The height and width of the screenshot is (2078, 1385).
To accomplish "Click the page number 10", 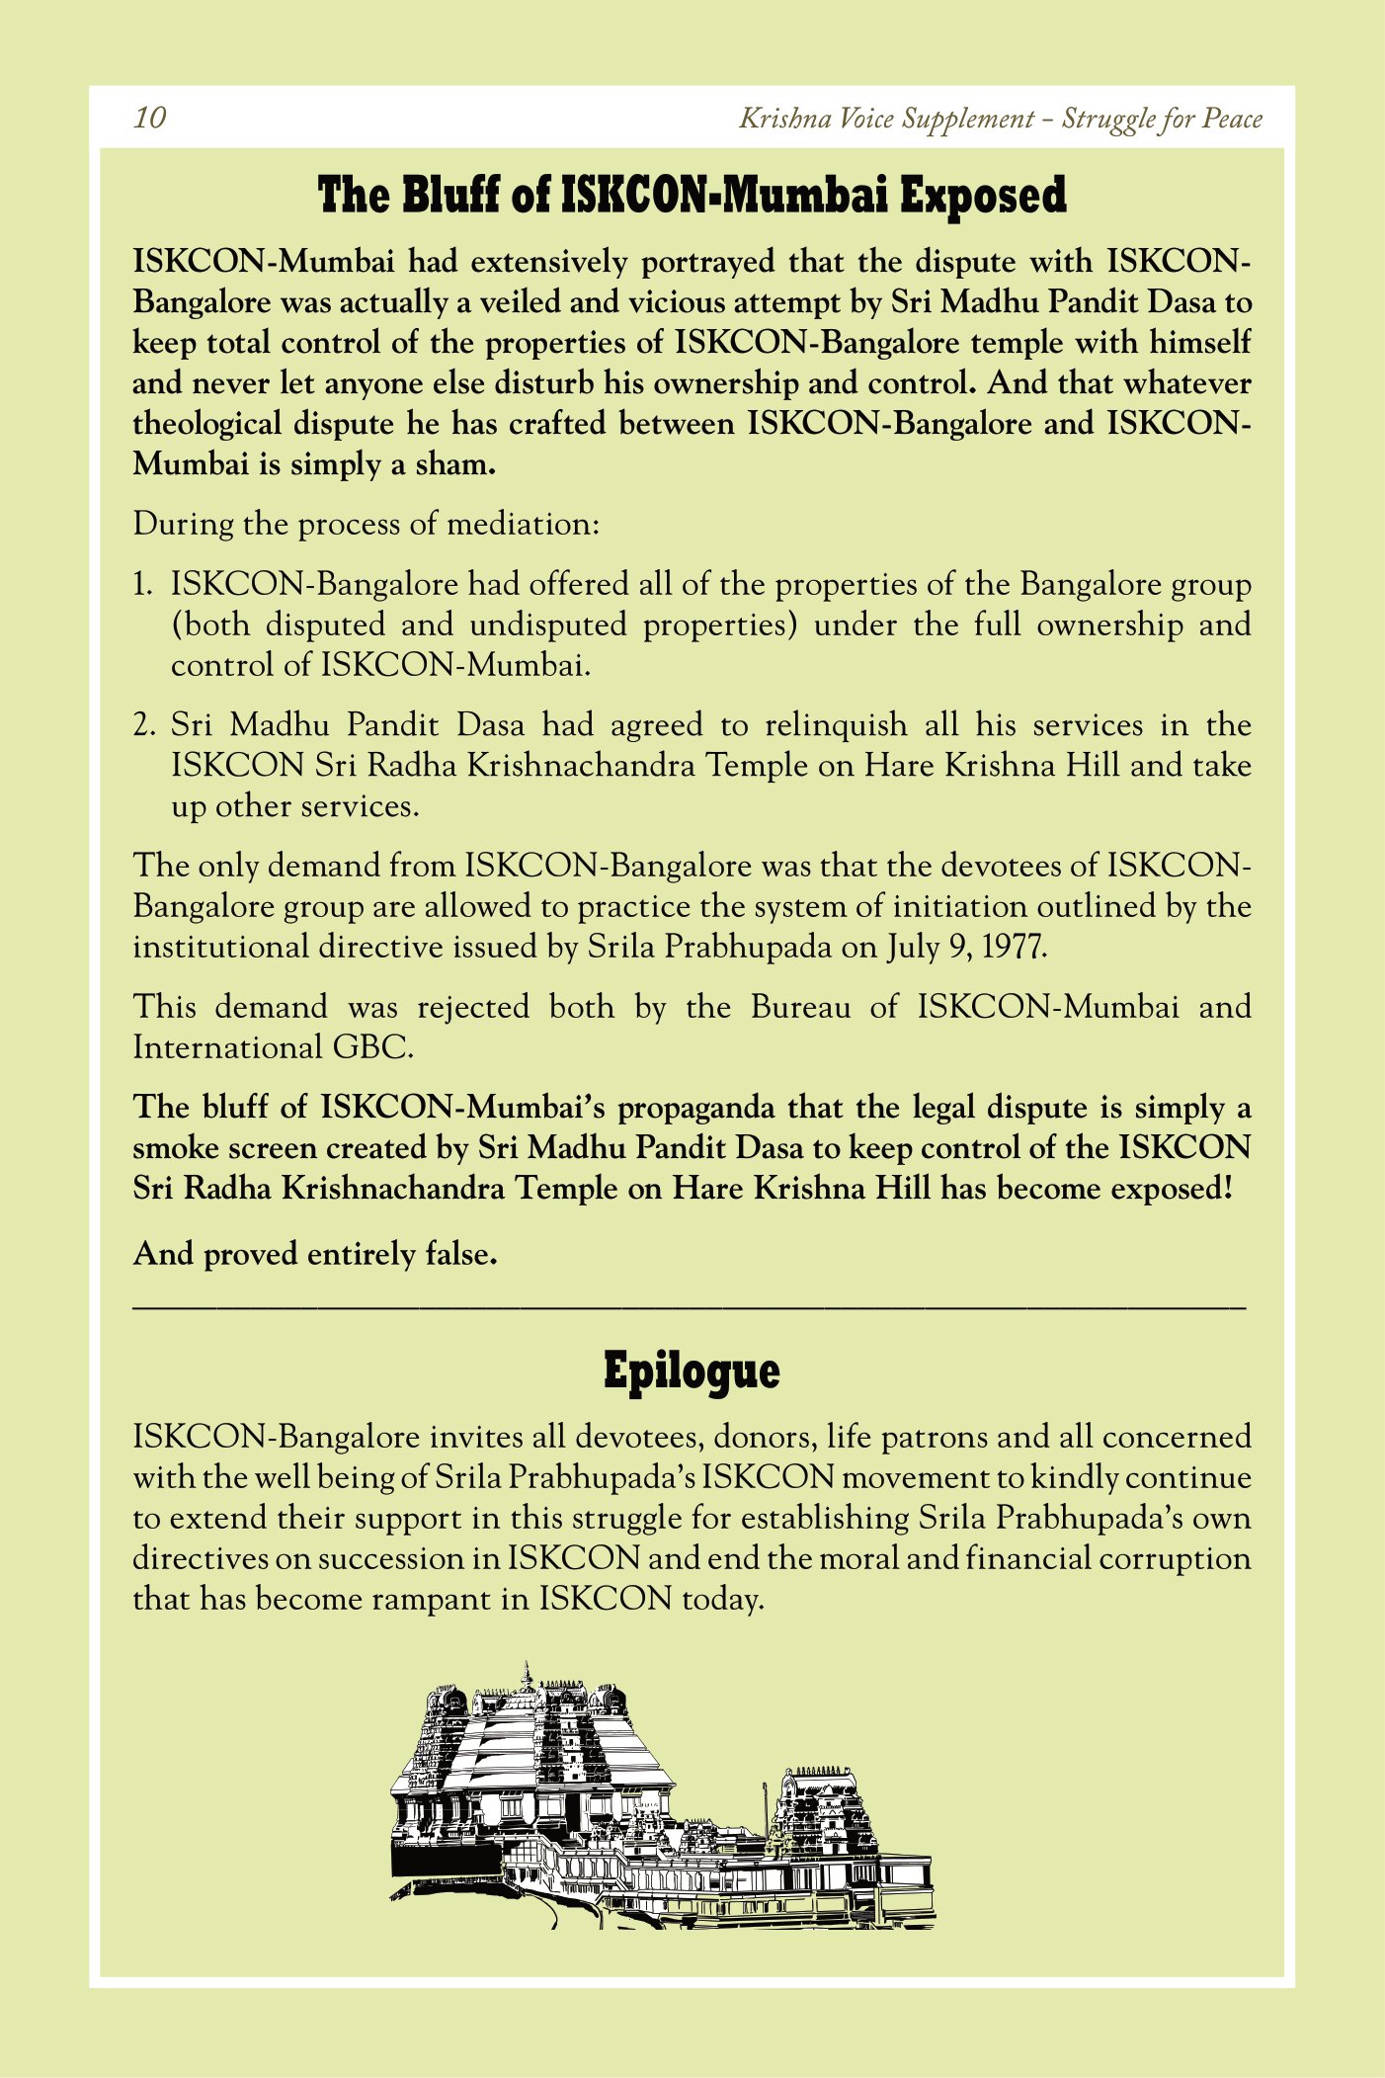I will coord(150,119).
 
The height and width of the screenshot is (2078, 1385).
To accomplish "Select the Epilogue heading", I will coord(692,1371).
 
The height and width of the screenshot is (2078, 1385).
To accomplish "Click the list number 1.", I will coord(142,584).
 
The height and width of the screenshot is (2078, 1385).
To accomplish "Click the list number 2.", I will coord(144,725).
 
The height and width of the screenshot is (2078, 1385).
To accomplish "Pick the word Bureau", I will coord(800,1007).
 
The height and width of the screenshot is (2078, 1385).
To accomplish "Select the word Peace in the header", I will coord(1232,119).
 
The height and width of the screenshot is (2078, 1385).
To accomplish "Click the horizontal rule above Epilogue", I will coord(690,1308).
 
